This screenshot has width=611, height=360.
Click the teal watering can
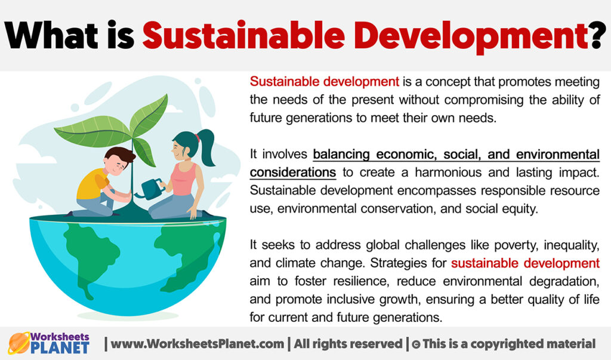pyautogui.click(x=150, y=188)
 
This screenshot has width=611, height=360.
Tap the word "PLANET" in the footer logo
pyautogui.click(x=62, y=348)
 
